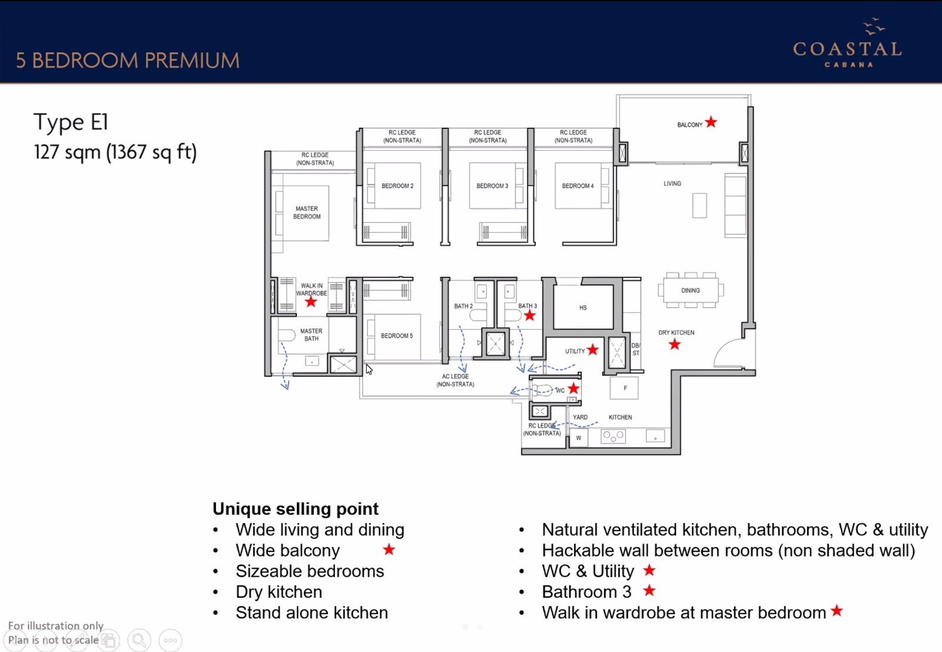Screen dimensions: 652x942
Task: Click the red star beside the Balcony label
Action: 711,123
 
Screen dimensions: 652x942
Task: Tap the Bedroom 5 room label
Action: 396,336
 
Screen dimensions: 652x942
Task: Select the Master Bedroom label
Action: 307,213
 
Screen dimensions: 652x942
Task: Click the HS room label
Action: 583,307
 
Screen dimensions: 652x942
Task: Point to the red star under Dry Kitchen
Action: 675,345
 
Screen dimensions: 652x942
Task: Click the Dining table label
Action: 691,290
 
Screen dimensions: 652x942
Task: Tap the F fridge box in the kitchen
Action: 625,388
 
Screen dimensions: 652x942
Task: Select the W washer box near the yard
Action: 579,438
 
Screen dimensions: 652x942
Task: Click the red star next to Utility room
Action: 593,350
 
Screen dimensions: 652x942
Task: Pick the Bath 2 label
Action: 463,306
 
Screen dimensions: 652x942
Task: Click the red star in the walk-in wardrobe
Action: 311,302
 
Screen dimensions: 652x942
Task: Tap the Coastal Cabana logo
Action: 847,45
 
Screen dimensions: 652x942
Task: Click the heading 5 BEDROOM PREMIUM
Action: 128,60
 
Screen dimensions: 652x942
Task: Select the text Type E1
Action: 71,122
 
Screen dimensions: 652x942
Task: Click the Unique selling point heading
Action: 295,508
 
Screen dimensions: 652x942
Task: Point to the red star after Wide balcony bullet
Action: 389,550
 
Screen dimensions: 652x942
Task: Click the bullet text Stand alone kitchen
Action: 311,613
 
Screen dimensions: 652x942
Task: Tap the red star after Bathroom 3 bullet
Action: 649,590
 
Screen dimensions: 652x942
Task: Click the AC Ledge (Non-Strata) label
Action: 455,380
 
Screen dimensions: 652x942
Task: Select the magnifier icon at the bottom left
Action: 140,640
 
